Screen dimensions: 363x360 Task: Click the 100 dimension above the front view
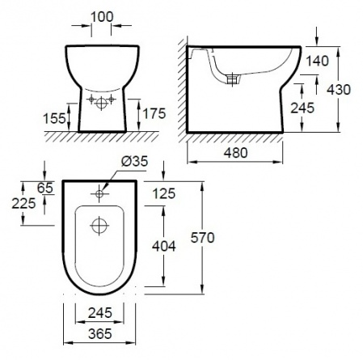tap(102, 17)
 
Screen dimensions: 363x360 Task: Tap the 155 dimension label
tap(54, 118)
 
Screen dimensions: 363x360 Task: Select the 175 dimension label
tap(154, 113)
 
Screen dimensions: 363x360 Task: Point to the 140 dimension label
tap(317, 61)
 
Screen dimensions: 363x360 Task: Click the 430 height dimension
tap(339, 90)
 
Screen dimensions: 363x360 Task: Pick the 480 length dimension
tap(235, 153)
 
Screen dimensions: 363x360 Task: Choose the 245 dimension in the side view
tap(302, 108)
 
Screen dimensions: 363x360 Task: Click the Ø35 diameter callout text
tap(134, 161)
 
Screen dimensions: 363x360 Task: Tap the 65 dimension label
tap(45, 188)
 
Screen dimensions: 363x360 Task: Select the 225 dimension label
tap(23, 203)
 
